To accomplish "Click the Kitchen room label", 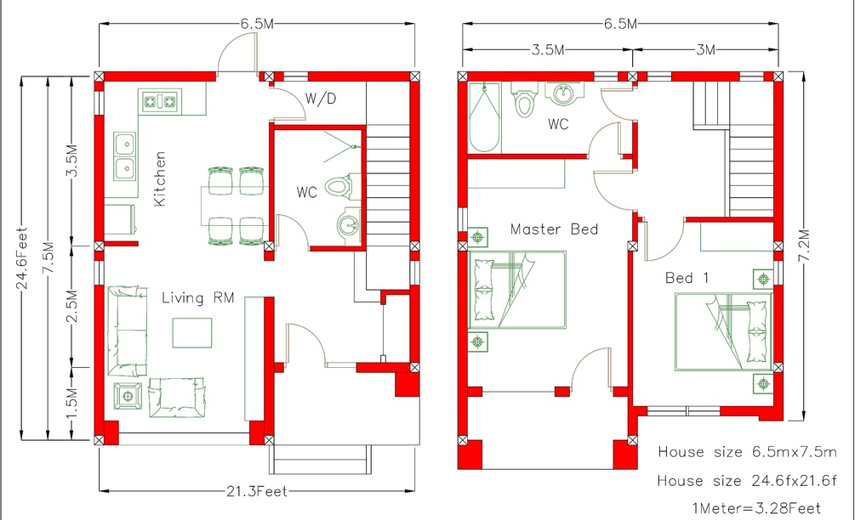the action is (160, 179).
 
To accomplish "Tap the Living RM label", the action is (198, 298).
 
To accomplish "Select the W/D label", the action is (321, 99).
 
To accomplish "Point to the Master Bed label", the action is (554, 229).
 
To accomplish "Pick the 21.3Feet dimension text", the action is (257, 491).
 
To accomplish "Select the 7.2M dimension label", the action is (804, 246).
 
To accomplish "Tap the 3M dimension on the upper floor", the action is (705, 49).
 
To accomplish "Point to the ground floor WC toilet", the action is (342, 187).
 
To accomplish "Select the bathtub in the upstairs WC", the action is (484, 117).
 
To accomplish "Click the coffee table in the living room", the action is (192, 333).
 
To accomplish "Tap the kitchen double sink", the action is (125, 156).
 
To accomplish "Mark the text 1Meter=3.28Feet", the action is (756, 509).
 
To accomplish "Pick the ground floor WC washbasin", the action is (349, 223).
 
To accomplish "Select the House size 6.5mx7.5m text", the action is (746, 452).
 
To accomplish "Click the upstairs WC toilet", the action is (524, 99).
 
